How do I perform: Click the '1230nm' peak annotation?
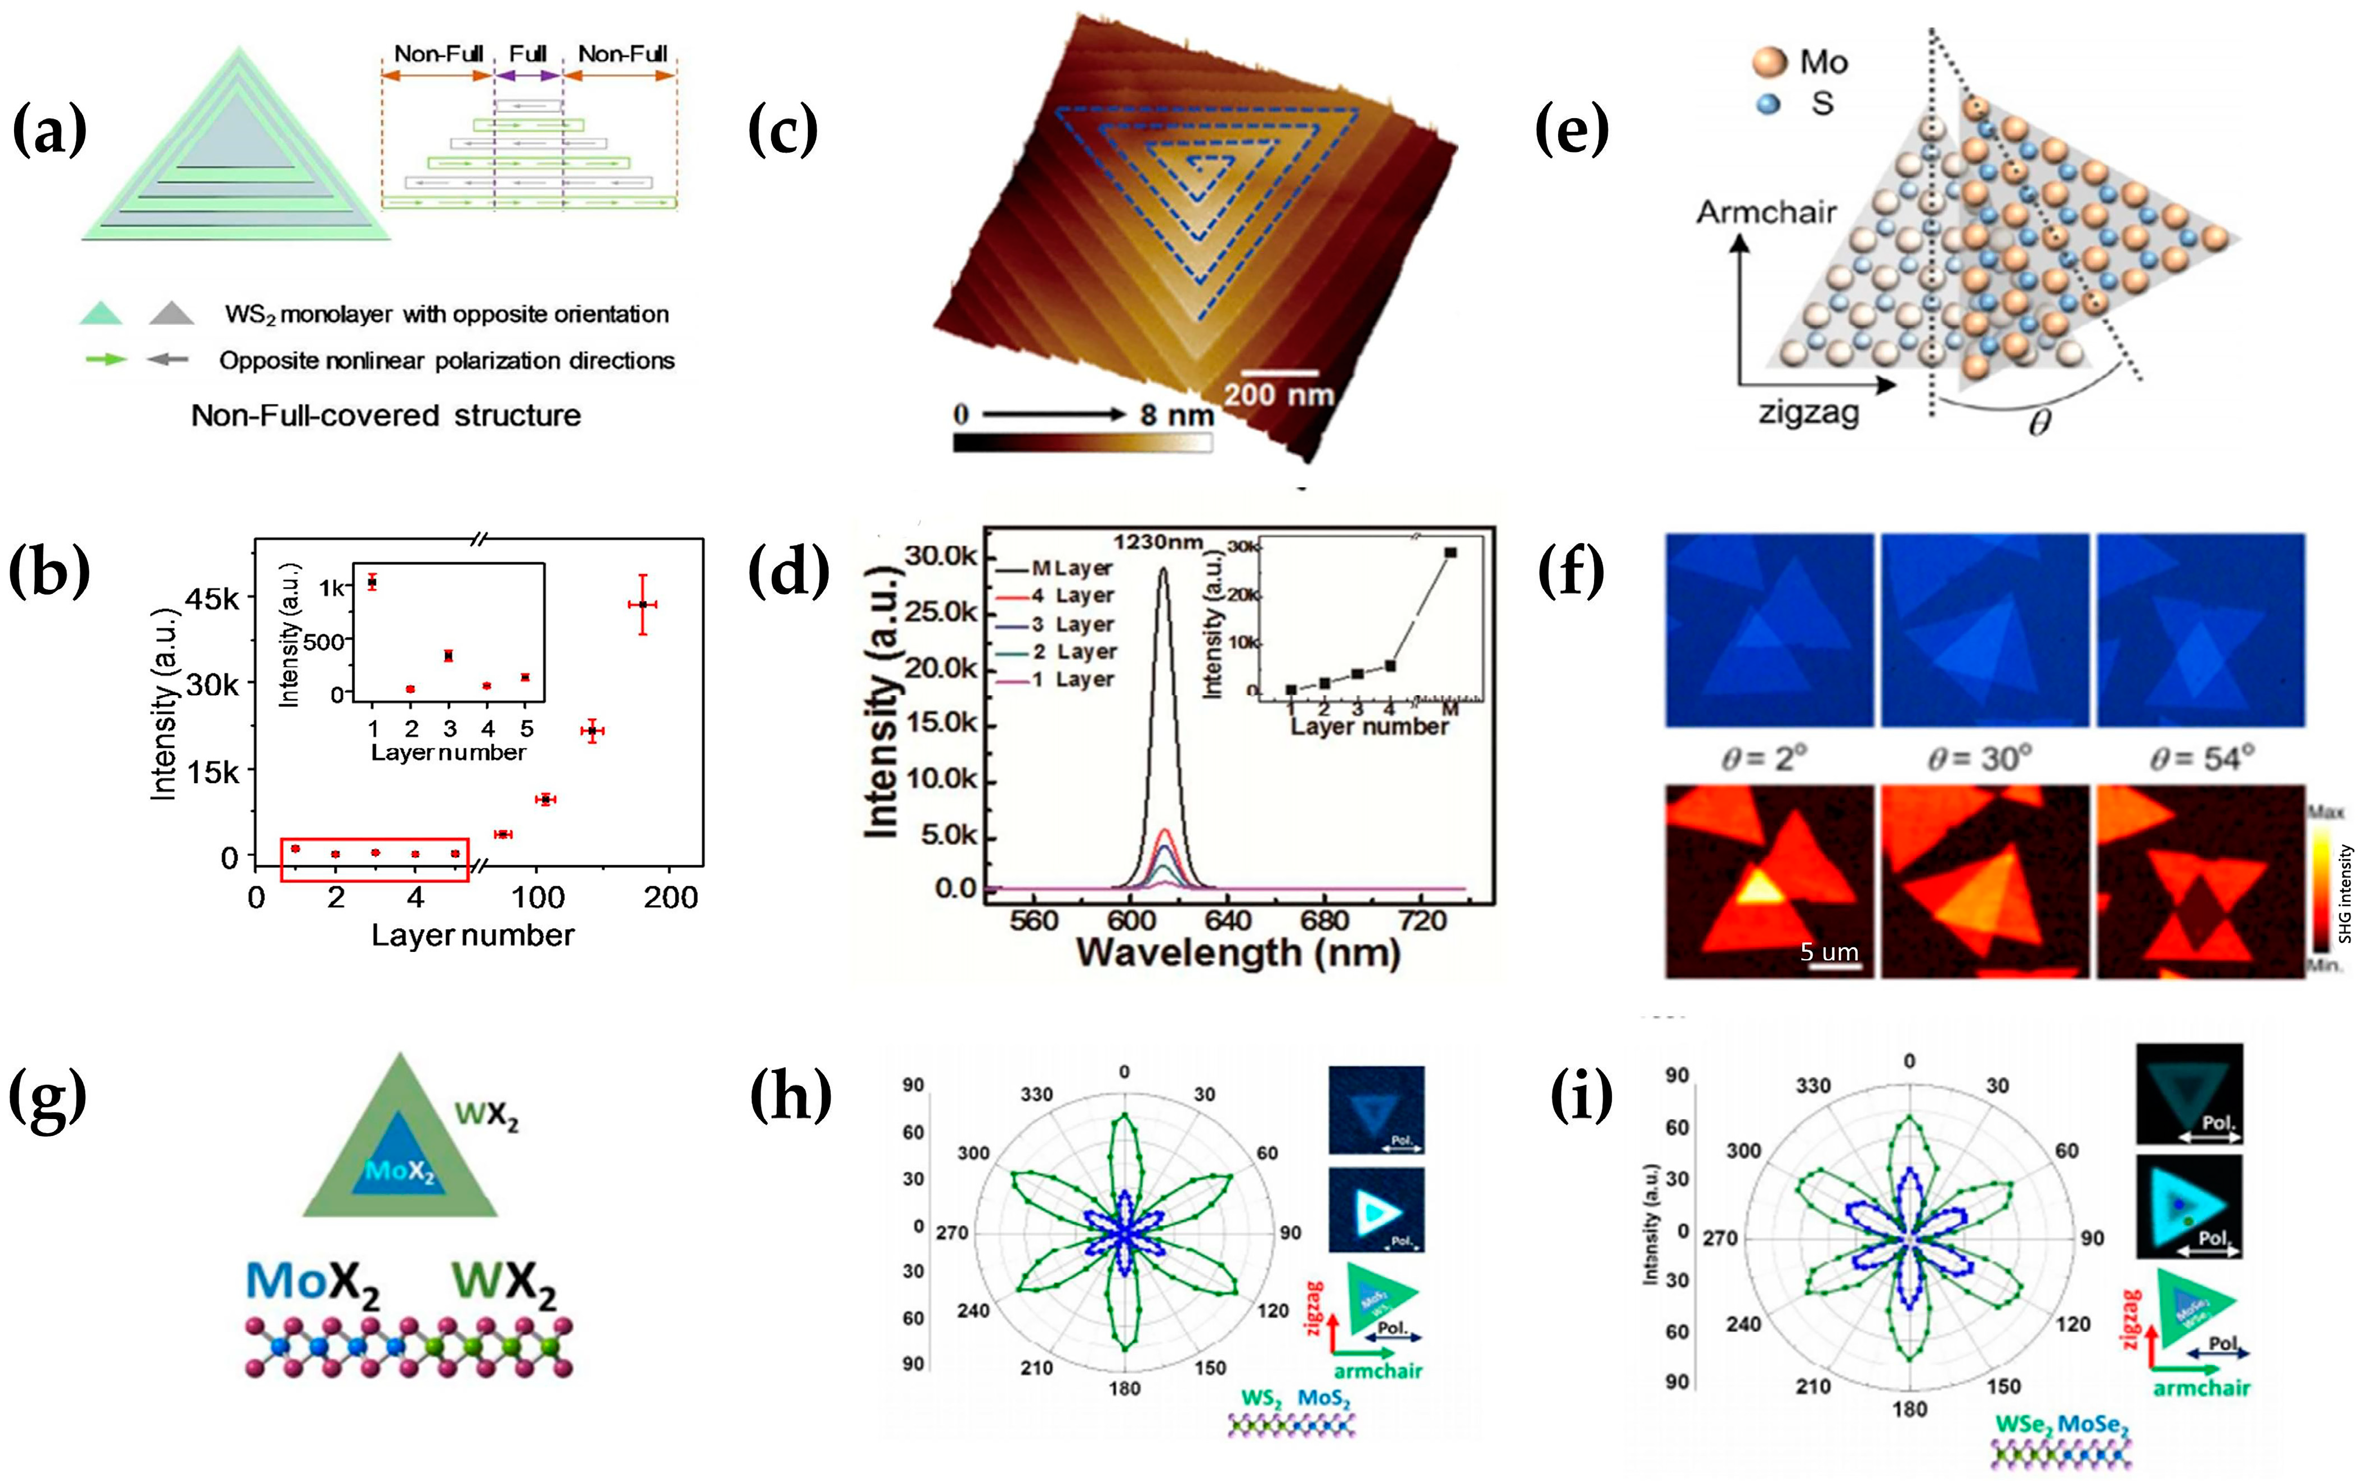tap(1157, 542)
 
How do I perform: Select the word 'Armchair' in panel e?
tap(1766, 212)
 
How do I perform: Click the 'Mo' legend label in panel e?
tap(1823, 62)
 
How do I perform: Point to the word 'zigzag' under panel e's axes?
tap(1808, 413)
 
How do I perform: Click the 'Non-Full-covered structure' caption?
tap(386, 415)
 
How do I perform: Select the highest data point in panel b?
tap(642, 605)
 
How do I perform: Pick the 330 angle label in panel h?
tap(1036, 1094)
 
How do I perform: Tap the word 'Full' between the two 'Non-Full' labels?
tap(528, 54)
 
